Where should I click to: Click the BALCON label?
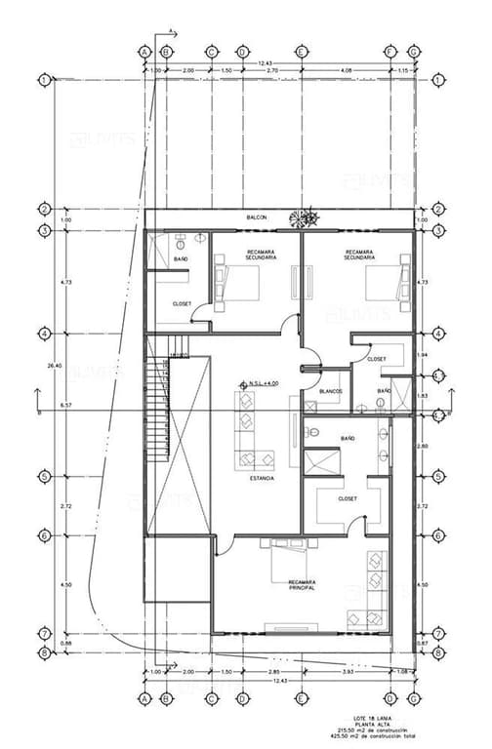point(257,217)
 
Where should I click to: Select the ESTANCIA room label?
point(261,479)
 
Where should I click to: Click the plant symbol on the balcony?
point(310,216)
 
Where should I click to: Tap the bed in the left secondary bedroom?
point(241,282)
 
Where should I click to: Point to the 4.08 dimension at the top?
point(346,71)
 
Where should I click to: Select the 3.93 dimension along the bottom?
point(346,673)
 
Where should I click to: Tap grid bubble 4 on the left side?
point(45,334)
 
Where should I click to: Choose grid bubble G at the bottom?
point(414,699)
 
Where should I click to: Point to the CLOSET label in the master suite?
point(348,498)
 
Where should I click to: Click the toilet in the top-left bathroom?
point(200,238)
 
